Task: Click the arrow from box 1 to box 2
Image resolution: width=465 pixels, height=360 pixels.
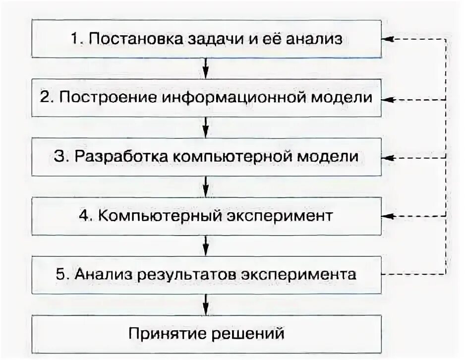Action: coord(206,67)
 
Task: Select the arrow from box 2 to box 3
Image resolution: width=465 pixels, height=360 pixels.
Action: coord(206,126)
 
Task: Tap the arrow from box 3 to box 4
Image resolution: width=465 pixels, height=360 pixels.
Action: coord(206,185)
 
